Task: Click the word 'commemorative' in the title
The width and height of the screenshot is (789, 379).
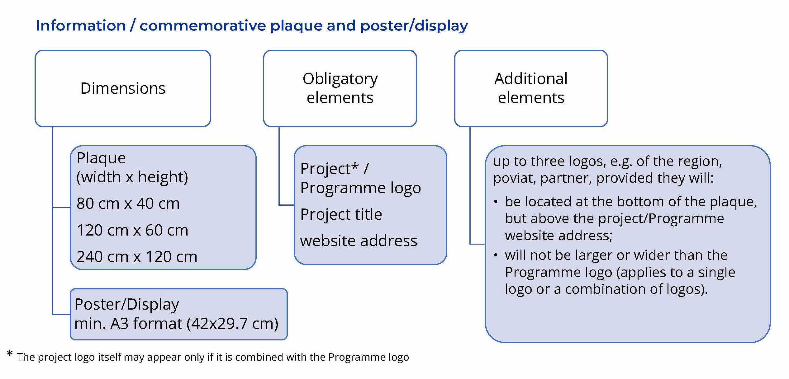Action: coord(202,26)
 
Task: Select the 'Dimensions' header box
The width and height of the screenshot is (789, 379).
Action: coord(123,88)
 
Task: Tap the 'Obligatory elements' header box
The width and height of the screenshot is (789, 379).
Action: coord(340,88)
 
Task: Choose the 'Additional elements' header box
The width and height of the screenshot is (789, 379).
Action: coord(531,88)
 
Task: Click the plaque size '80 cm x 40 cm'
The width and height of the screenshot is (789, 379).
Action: coord(128,204)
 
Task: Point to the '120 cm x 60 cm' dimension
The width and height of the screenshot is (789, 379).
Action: coord(132,230)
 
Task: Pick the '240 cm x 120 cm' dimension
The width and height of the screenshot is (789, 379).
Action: coord(137,257)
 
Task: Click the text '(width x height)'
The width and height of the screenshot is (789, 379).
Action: coord(132,177)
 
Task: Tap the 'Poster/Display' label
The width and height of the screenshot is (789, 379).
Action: coord(127,304)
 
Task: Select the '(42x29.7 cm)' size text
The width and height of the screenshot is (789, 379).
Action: coord(232,324)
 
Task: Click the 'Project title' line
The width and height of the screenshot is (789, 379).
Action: coord(341,214)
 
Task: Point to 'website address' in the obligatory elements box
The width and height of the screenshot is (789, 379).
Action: coord(359,241)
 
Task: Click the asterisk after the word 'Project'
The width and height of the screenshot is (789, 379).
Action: coord(355,166)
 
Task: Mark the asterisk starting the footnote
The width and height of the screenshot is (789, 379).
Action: coord(10,353)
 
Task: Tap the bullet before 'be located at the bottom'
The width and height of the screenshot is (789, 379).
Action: coord(496,202)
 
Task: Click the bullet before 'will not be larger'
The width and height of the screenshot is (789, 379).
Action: coord(496,255)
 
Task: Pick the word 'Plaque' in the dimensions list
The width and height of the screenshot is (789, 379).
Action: coord(101,158)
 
